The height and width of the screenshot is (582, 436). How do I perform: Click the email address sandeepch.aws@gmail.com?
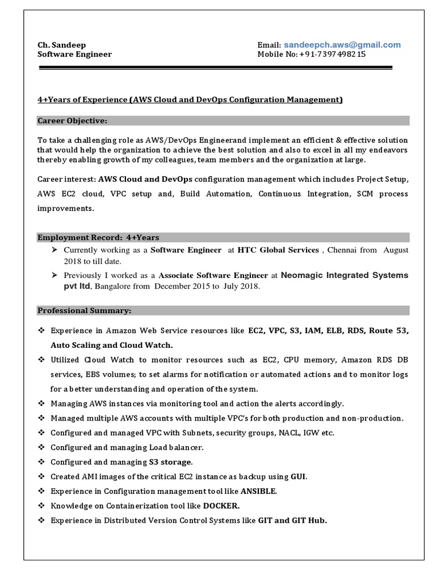tap(342, 45)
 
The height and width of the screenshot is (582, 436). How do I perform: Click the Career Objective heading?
tap(72, 120)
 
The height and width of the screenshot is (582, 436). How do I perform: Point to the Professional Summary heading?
tap(84, 311)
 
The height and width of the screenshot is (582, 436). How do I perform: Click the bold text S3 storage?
tap(170, 462)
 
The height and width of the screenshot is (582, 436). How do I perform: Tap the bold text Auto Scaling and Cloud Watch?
tap(112, 345)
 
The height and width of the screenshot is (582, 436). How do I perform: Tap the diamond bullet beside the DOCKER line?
tap(41, 506)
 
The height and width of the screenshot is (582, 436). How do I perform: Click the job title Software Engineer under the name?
tap(74, 55)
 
